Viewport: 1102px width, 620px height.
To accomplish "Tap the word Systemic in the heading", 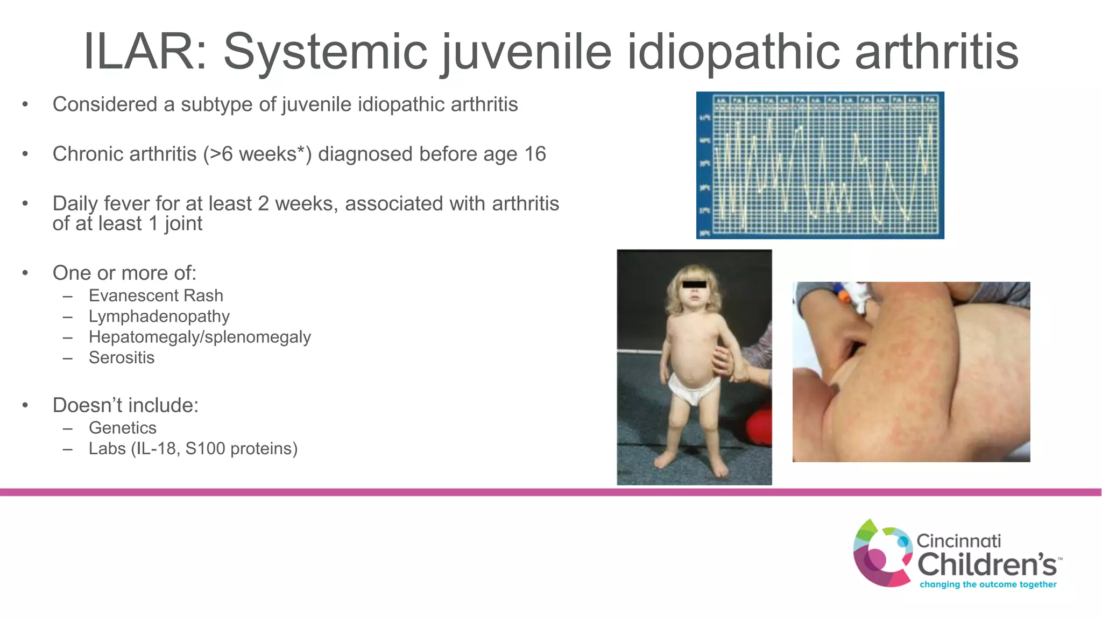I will coord(325,52).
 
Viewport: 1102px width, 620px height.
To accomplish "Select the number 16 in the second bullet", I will coord(535,154).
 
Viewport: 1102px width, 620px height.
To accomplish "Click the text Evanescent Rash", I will coord(156,295).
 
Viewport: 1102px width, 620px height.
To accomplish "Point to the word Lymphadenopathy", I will coord(159,316).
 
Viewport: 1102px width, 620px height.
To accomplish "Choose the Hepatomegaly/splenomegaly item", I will coord(200,337).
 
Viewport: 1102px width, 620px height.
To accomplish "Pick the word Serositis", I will coord(122,357).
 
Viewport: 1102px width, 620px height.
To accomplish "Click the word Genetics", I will coord(123,428).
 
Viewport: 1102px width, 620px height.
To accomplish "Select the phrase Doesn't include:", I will coord(125,405).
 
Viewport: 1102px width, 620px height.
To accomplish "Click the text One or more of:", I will coord(124,273).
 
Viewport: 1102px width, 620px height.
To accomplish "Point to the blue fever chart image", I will coord(820,165).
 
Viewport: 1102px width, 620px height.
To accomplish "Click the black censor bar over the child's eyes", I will coord(694,284).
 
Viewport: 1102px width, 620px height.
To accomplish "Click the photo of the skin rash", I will coord(911,371).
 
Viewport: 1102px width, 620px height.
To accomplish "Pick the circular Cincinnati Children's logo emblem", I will coord(882,553).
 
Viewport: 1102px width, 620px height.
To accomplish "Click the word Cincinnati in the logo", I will coord(958,540).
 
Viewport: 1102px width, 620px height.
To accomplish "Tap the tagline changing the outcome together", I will coord(988,584).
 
